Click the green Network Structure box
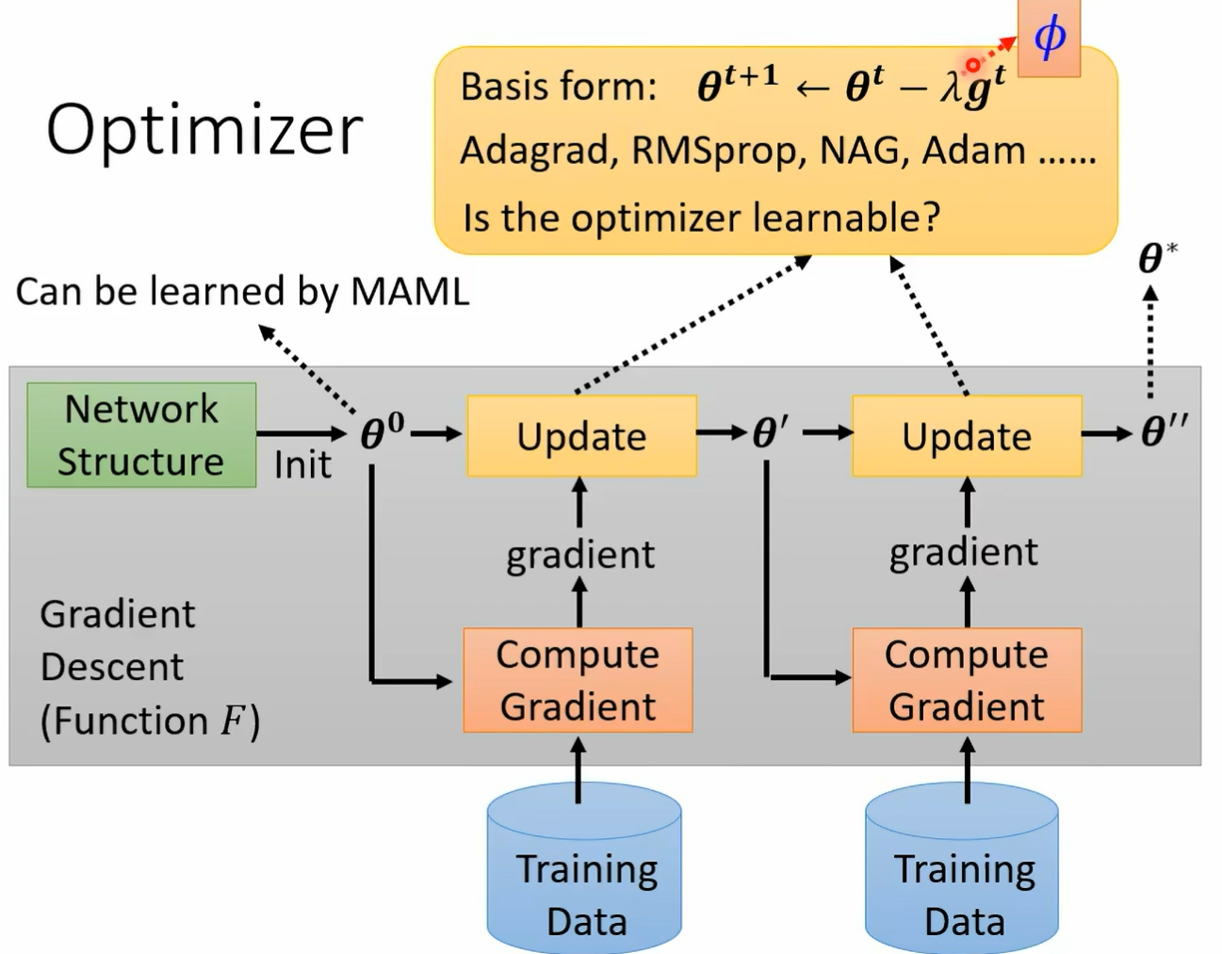(141, 435)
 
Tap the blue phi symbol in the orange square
(1050, 36)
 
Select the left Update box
(581, 436)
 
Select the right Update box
(968, 436)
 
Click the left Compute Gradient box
(578, 680)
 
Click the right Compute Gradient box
(968, 680)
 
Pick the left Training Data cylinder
(584, 868)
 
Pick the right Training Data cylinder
(962, 868)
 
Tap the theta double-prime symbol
(1165, 431)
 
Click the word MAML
(410, 292)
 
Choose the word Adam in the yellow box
(973, 151)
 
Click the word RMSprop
(719, 152)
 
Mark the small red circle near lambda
(973, 66)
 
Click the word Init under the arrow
(302, 465)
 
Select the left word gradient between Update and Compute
(581, 555)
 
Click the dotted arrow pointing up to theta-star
(1150, 342)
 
